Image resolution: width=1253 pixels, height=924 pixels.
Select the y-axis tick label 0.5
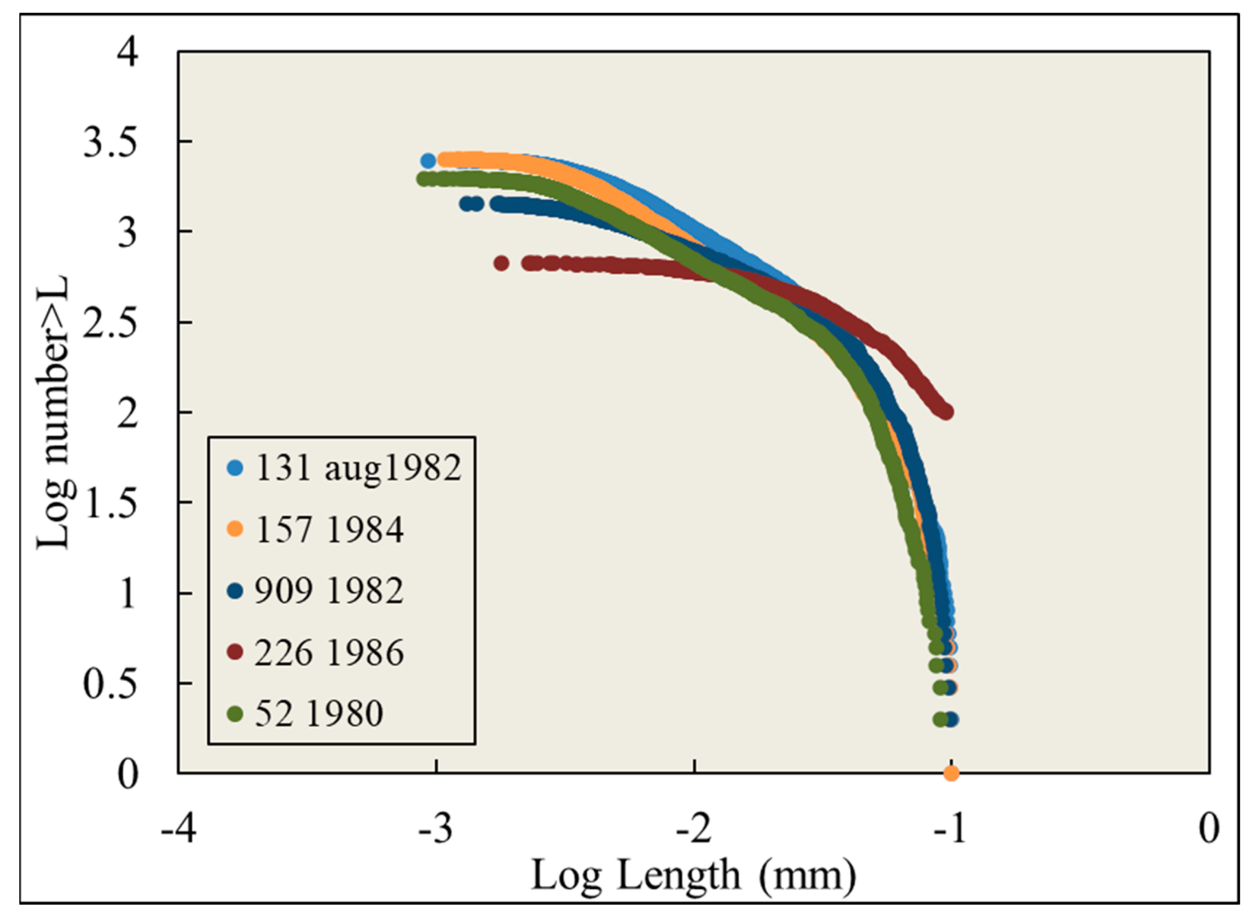[x=110, y=684]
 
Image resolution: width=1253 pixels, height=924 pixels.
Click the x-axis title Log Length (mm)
[x=693, y=876]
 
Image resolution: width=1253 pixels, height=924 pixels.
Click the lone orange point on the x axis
[x=951, y=773]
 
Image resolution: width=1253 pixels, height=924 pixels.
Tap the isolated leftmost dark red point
[x=501, y=263]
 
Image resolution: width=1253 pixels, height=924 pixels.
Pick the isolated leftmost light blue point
[x=428, y=161]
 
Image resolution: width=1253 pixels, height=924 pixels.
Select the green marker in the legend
[x=236, y=714]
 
